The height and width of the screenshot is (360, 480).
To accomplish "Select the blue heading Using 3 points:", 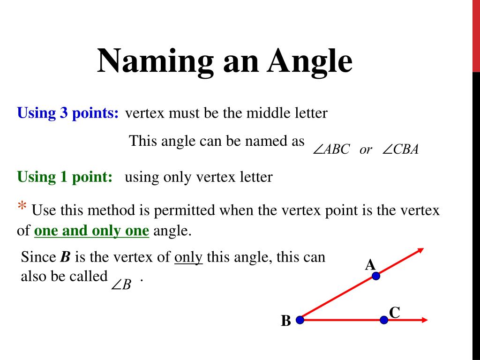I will (x=68, y=113).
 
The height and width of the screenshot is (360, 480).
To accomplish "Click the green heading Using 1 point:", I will (x=65, y=177).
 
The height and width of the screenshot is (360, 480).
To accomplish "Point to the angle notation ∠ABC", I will (x=331, y=150).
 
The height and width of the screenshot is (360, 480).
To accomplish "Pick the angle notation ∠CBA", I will (x=400, y=150).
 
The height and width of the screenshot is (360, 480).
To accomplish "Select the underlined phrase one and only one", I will (x=92, y=231).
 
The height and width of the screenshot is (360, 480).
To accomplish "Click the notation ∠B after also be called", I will (x=122, y=284).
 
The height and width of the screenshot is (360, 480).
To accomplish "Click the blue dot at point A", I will (x=375, y=276).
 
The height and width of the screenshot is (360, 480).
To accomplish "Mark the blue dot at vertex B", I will (x=300, y=320).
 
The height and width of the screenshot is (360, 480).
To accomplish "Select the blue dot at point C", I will (x=384, y=320).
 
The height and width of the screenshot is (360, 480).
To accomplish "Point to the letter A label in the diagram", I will (x=370, y=265).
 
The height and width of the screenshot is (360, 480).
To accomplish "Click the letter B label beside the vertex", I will (x=286, y=322).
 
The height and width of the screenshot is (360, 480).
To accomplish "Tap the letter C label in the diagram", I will (x=394, y=312).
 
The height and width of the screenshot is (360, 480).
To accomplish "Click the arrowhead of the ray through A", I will (x=420, y=250).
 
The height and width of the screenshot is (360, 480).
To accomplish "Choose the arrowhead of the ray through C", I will (x=425, y=320).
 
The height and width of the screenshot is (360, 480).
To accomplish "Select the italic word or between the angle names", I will (x=366, y=150).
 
